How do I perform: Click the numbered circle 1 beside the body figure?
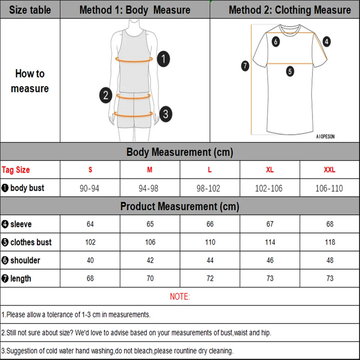[x=163, y=59]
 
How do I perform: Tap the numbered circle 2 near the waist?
[x=105, y=95]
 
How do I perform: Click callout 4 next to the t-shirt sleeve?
[x=326, y=41]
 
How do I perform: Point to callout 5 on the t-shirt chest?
[x=290, y=71]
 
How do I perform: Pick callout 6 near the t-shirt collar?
[x=275, y=42]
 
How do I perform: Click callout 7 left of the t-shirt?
[x=245, y=65]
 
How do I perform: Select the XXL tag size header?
[x=329, y=170]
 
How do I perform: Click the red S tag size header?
[x=90, y=170]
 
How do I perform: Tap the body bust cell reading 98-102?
[x=210, y=188]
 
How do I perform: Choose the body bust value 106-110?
[x=329, y=188]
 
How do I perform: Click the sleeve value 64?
[x=90, y=224]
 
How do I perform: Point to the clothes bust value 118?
[x=329, y=242]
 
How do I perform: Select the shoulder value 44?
[x=210, y=260]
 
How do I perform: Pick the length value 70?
[x=150, y=278]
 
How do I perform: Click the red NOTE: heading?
[x=180, y=297]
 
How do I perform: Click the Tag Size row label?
[x=16, y=170]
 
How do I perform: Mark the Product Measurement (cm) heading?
[x=180, y=206]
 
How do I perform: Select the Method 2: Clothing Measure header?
[x=289, y=10]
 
